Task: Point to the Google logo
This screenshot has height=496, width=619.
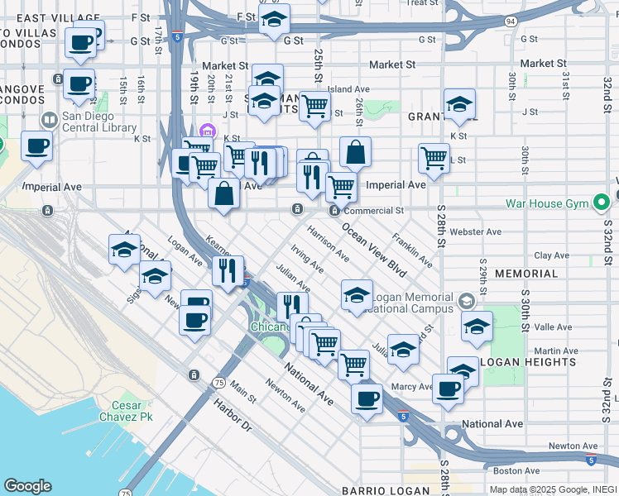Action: (27, 486)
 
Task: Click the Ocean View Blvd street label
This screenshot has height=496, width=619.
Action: (375, 251)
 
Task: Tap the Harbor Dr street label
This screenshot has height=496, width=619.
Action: (232, 417)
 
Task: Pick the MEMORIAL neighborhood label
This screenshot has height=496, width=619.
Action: (526, 273)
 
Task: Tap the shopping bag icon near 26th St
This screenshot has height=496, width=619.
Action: (355, 152)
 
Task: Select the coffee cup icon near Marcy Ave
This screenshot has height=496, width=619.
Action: (448, 388)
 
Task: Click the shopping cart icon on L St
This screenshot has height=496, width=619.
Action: (433, 157)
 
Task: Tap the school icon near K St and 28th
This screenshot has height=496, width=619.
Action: (459, 105)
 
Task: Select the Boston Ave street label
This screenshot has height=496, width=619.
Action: (509, 470)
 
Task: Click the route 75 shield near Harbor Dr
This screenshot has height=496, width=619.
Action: (218, 382)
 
